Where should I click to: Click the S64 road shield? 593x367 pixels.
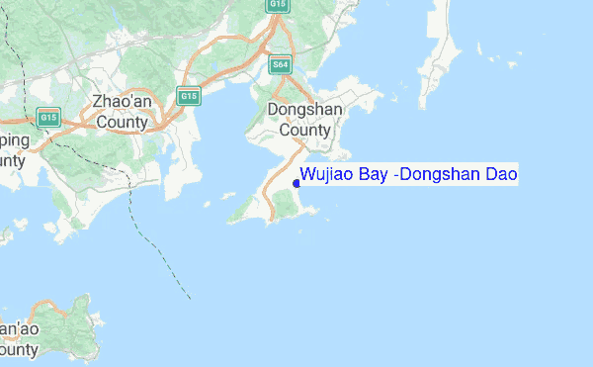(281, 65)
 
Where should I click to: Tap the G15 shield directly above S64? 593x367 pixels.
(278, 6)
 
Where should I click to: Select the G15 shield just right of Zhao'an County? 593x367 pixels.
(188, 96)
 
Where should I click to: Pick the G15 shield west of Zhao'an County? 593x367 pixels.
(48, 118)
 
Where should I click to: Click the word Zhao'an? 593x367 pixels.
(120, 102)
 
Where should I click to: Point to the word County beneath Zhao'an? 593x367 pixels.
(120, 124)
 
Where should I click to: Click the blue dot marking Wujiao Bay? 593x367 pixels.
(296, 183)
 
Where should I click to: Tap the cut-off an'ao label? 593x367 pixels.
(19, 328)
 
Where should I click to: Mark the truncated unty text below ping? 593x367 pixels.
(12, 160)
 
